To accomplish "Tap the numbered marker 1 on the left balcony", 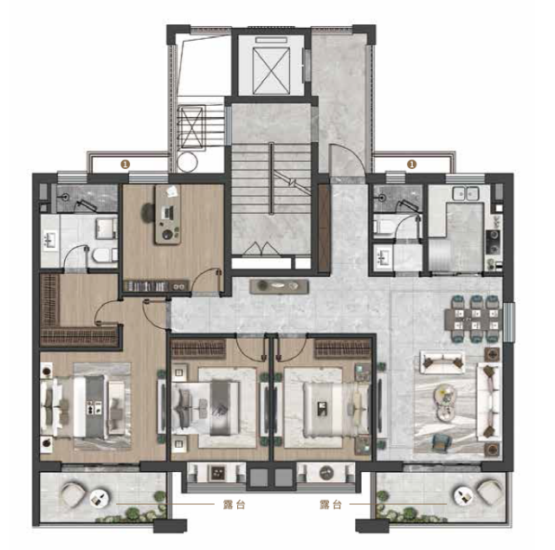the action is (x=126, y=164).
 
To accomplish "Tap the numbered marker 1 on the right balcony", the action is (x=411, y=164).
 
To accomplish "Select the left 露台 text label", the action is (x=234, y=504).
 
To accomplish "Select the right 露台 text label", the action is (x=331, y=504).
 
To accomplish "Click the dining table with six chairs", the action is (x=474, y=319).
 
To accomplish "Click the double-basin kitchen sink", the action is (x=466, y=193).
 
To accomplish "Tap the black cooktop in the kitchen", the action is (x=493, y=242).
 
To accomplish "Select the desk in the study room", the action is (x=168, y=215).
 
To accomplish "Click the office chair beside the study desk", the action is (x=148, y=212).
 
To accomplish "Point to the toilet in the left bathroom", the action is (x=104, y=255).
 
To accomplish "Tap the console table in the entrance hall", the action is (x=279, y=287).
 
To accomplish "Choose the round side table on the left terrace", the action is (x=99, y=497).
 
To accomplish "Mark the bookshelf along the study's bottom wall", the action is (x=156, y=286).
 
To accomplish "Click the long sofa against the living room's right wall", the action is (x=489, y=401).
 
